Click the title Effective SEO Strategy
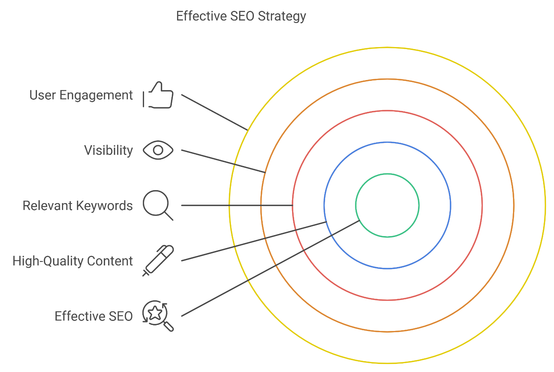tap(241, 16)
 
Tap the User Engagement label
tap(81, 95)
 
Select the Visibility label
tap(108, 150)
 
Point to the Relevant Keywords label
tap(78, 206)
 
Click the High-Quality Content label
tap(72, 261)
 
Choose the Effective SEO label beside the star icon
tap(93, 317)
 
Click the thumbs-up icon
tap(158, 96)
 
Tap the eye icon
tap(158, 150)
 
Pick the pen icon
tap(159, 260)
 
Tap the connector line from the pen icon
tap(253, 241)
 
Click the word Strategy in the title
tap(282, 16)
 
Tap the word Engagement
tap(96, 96)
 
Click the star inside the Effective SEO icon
tap(155, 312)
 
